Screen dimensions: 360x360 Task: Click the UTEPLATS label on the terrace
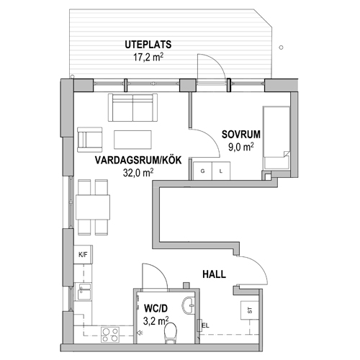click(148, 45)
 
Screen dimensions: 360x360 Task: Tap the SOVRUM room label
click(241, 135)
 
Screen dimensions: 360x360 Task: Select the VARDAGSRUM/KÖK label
click(138, 161)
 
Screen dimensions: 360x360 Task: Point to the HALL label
click(214, 274)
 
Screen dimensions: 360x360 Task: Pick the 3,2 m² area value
click(156, 321)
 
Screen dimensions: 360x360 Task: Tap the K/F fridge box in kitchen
click(83, 255)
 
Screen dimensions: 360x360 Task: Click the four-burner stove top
click(110, 335)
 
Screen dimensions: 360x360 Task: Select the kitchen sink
click(83, 292)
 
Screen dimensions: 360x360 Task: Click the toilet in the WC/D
click(171, 333)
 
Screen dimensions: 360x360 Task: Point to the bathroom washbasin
click(189, 305)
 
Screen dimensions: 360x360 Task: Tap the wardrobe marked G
click(203, 171)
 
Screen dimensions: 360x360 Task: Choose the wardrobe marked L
click(221, 171)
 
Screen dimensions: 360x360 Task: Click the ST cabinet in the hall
click(250, 310)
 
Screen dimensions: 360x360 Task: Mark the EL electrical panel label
click(206, 325)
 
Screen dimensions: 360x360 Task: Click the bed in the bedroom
click(276, 138)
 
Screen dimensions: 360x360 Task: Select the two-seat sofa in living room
click(132, 107)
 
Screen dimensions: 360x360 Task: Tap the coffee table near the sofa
click(132, 140)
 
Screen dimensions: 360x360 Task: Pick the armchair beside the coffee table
click(90, 140)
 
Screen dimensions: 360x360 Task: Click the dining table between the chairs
click(93, 207)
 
